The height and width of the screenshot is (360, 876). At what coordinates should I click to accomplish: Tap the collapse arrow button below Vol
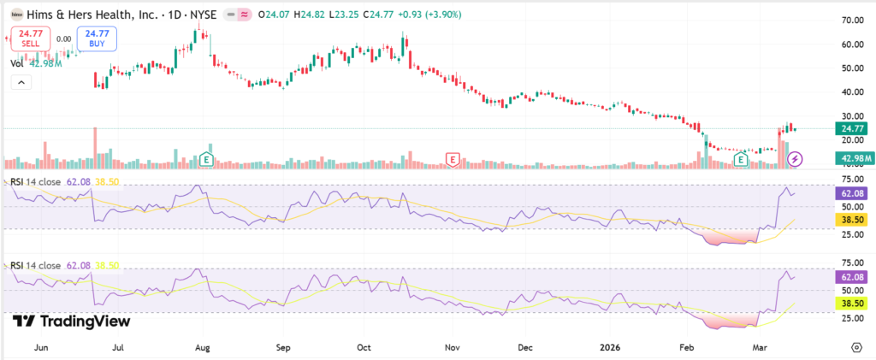[x=20, y=82]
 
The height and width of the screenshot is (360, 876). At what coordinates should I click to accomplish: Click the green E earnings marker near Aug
[x=205, y=159]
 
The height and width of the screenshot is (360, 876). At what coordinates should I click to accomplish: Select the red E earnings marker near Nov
[x=453, y=159]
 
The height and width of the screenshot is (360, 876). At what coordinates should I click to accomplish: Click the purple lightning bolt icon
[x=795, y=159]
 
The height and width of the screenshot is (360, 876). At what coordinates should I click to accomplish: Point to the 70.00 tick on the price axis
[x=850, y=20]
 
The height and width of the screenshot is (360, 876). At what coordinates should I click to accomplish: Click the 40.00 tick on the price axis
[x=850, y=91]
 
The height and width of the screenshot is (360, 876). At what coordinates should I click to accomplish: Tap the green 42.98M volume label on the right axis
[x=852, y=159]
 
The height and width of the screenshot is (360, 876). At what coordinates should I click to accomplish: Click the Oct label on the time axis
[x=364, y=347]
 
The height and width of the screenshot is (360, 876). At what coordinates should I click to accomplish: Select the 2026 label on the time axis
[x=608, y=347]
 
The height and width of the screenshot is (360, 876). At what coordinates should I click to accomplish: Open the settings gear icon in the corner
[x=856, y=347]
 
